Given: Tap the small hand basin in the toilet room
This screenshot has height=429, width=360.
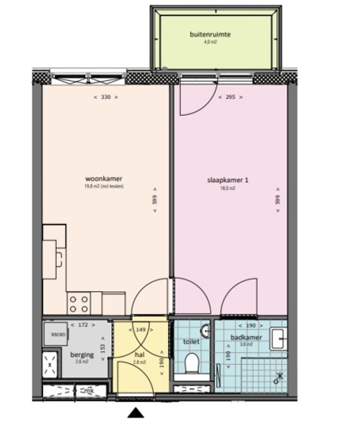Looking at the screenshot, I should pos(205,332).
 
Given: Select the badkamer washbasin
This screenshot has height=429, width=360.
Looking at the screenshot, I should pos(278,338).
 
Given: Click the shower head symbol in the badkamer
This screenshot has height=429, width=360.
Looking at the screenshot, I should pos(279,377).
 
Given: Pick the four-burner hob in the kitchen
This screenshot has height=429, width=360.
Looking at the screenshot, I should pos(78,304).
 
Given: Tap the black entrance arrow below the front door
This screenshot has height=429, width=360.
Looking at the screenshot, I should pos(136,413).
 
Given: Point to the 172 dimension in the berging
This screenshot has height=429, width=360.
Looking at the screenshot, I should pos(82,325).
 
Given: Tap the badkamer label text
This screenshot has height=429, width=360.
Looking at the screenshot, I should pos(246,337).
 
